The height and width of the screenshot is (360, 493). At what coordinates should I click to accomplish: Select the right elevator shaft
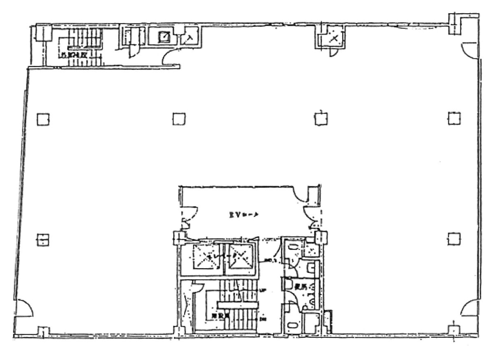[x=240, y=257]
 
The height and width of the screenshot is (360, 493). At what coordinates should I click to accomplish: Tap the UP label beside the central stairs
[x=263, y=290]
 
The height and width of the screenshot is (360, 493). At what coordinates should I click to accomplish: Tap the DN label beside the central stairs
[x=263, y=318]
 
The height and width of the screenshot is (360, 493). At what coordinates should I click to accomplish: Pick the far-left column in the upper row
[x=42, y=119]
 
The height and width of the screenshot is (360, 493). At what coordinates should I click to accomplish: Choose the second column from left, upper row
[x=178, y=119]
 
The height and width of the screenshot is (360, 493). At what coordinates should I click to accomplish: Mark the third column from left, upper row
[x=321, y=118]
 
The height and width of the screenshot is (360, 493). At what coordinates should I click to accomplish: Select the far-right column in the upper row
[x=454, y=118]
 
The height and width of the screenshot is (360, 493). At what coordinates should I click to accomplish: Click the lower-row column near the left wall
[x=42, y=239]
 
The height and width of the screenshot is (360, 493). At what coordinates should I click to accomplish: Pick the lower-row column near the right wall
[x=454, y=238]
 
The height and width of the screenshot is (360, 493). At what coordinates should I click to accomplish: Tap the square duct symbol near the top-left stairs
[x=165, y=37]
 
